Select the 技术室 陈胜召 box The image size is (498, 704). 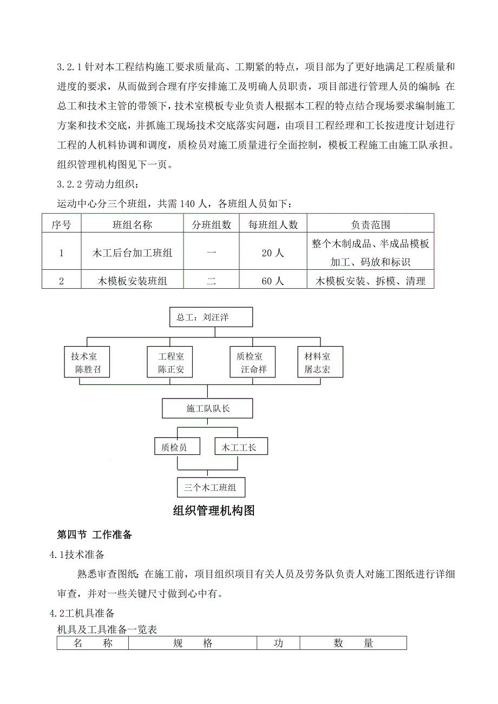87,363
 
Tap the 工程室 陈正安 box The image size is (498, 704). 171,363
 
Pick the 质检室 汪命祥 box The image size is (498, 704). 253,363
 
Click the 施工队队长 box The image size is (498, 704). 208,409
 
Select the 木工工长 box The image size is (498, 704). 241,447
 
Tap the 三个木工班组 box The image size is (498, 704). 211,488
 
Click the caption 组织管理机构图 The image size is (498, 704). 213,511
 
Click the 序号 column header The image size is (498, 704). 61,224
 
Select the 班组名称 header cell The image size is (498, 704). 133,224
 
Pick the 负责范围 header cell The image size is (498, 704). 370,224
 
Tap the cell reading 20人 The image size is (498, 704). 273,253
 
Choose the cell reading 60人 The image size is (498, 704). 273,281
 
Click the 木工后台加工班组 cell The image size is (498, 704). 133,253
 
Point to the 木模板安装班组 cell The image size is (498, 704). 133,281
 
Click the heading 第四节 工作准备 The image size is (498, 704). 95,535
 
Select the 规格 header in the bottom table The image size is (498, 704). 193,643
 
